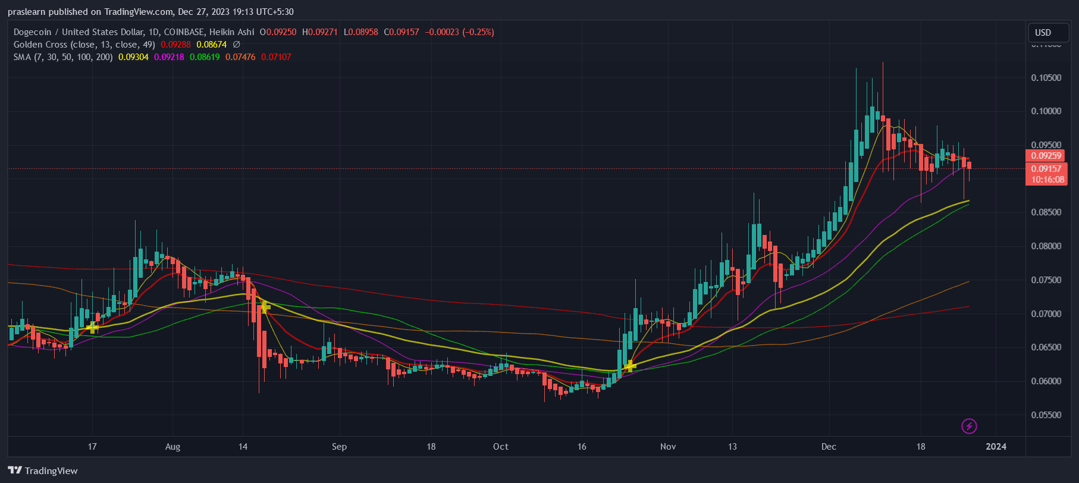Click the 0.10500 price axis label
pyautogui.click(x=1046, y=78)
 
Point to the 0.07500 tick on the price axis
pyautogui.click(x=1046, y=280)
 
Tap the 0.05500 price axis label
pyautogui.click(x=1046, y=415)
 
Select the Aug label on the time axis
pyautogui.click(x=172, y=447)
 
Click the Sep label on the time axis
pyautogui.click(x=339, y=447)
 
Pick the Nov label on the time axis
pyautogui.click(x=668, y=447)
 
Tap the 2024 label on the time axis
pyautogui.click(x=996, y=447)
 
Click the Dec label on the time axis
pyautogui.click(x=829, y=447)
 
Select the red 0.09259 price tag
pyautogui.click(x=1046, y=156)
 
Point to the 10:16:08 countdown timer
pyautogui.click(x=1047, y=180)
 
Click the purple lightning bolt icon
pyautogui.click(x=969, y=426)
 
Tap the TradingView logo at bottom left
pyautogui.click(x=43, y=471)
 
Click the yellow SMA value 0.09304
pyautogui.click(x=133, y=57)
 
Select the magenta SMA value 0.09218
pyautogui.click(x=169, y=57)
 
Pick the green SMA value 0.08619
pyautogui.click(x=205, y=57)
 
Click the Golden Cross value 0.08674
pyautogui.click(x=212, y=45)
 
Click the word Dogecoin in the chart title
pyautogui.click(x=32, y=32)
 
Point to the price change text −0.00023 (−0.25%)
pyautogui.click(x=459, y=32)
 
